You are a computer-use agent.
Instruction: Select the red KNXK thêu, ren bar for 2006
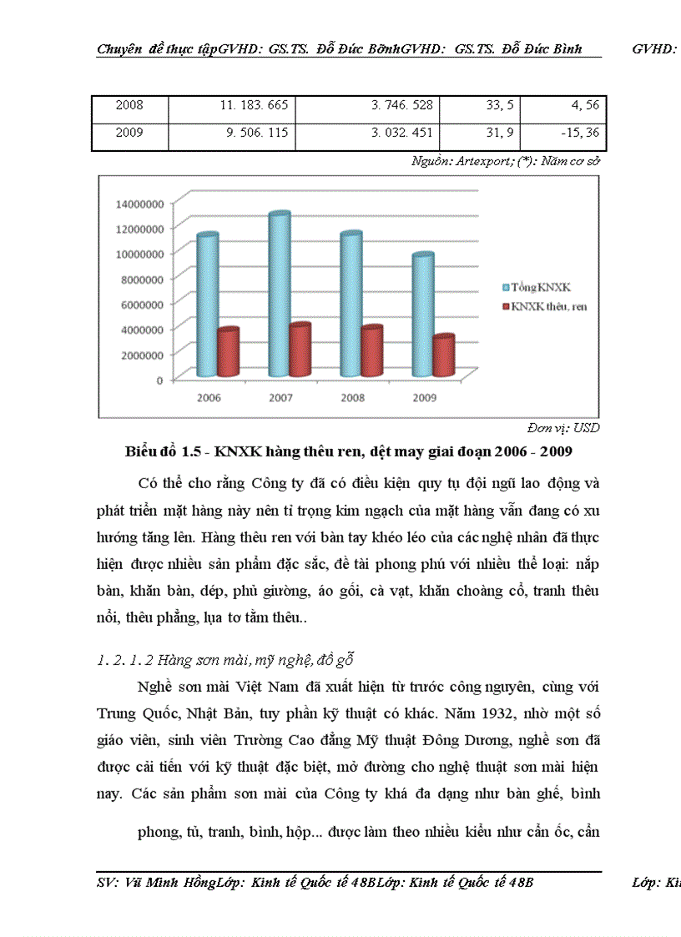tap(228, 352)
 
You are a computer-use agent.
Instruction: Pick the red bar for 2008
tap(371, 351)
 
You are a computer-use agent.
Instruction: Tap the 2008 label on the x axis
tap(353, 398)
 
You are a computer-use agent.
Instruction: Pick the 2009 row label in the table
tap(129, 133)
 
